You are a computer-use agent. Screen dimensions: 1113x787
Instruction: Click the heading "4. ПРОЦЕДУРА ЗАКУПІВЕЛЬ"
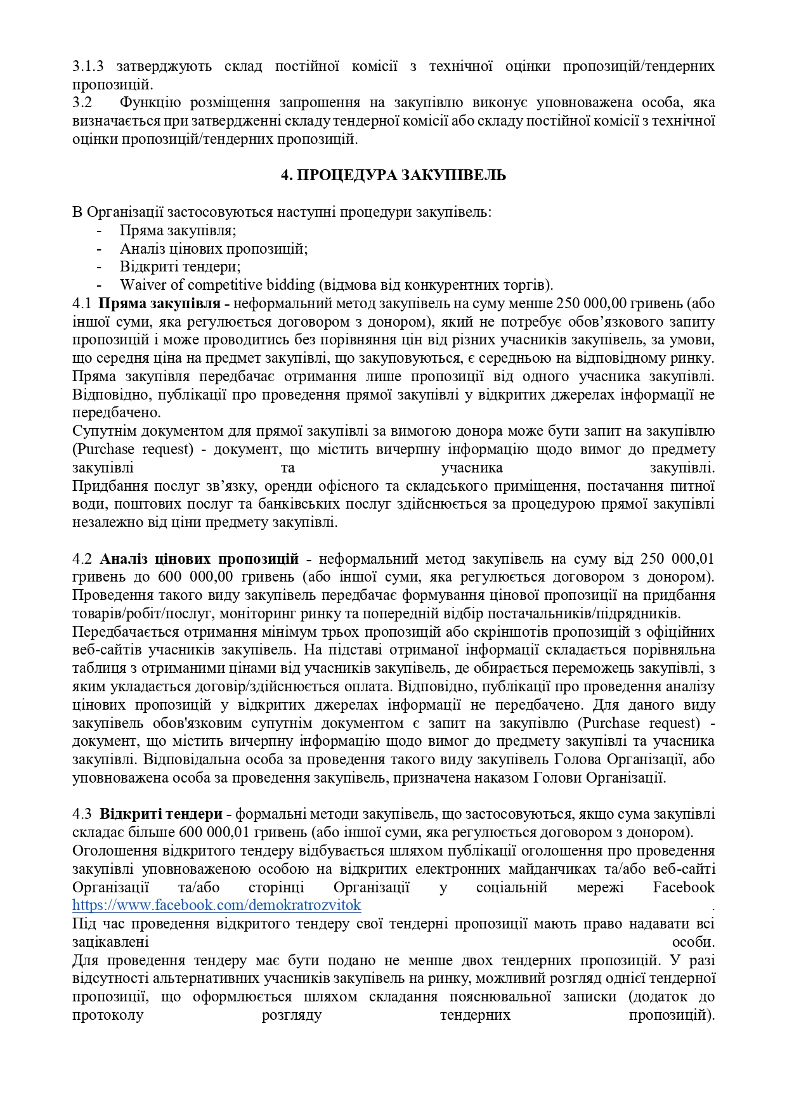pos(393,176)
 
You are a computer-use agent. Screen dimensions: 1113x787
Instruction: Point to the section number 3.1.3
pos(88,66)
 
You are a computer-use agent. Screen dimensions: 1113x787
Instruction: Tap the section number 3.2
pos(82,103)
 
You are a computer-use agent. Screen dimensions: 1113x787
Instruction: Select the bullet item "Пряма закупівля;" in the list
pos(178,230)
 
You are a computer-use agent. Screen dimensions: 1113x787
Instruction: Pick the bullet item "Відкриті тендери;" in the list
pos(180,266)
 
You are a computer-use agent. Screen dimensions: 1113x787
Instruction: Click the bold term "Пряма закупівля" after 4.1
pos(160,303)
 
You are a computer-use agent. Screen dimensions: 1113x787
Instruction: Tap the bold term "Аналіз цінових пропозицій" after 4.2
pos(200,559)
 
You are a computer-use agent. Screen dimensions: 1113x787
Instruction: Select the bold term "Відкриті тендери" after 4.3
pos(161,814)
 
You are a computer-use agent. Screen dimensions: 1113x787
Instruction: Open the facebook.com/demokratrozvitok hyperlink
pos(217,905)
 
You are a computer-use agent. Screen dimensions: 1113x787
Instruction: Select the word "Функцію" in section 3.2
pos(150,103)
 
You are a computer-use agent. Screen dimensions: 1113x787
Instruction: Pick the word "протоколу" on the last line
pos(108,1015)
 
